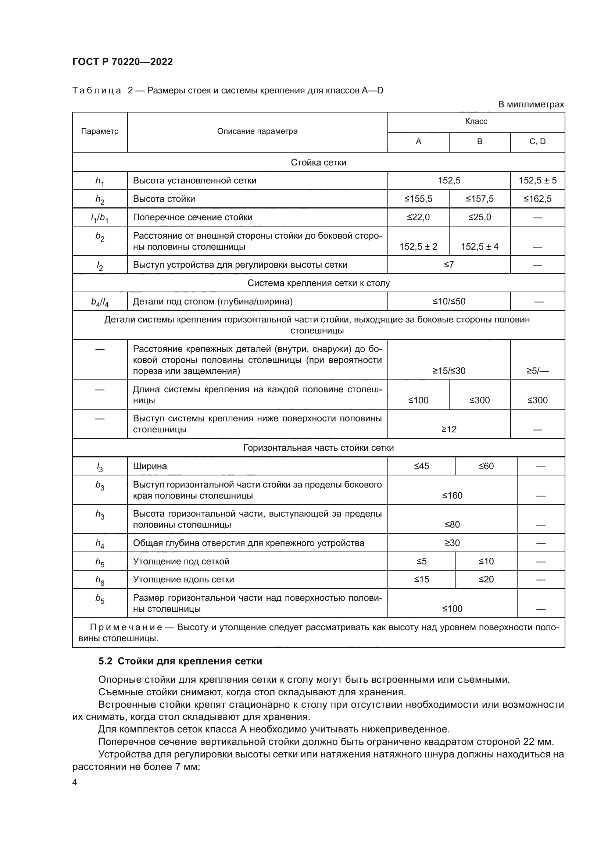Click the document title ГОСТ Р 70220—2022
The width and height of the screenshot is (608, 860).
[122, 62]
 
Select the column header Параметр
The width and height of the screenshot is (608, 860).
[100, 132]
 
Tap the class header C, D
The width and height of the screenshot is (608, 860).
[537, 142]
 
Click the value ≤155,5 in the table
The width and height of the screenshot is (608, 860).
[418, 199]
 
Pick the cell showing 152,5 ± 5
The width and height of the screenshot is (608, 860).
[537, 181]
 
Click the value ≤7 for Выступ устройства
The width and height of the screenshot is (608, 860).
[449, 265]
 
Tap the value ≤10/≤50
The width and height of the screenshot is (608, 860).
[449, 301]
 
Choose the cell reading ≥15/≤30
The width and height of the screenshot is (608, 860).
[449, 371]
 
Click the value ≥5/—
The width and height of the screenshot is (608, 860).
[537, 371]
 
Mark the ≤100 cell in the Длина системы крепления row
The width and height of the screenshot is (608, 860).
[418, 400]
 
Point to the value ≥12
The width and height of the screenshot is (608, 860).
[449, 429]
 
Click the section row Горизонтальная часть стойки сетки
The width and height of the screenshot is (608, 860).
[318, 448]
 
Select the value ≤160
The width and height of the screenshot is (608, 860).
[452, 496]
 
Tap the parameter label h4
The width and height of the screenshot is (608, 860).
[100, 543]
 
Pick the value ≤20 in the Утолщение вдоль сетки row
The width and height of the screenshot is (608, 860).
[486, 579]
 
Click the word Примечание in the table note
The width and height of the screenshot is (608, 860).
[126, 627]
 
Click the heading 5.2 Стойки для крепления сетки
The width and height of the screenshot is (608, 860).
[180, 661]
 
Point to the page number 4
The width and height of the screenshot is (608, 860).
[75, 782]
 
